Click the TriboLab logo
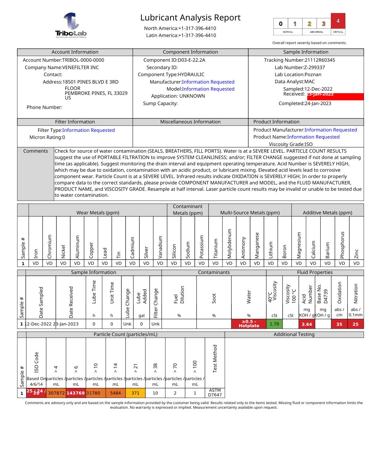click(x=71, y=25)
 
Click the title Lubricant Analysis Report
click(x=190, y=18)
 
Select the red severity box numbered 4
click(x=338, y=21)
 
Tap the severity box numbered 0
click(x=281, y=24)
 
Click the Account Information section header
click(x=75, y=52)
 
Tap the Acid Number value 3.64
click(x=307, y=324)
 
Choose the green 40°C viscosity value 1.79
click(x=274, y=324)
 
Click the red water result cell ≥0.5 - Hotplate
click(x=249, y=324)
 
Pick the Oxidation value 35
click(x=339, y=324)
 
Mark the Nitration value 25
click(x=355, y=324)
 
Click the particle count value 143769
click(x=75, y=393)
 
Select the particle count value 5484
click(x=115, y=393)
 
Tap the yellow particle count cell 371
click(x=135, y=393)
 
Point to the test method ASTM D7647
click(x=215, y=392)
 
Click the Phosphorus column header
click(x=342, y=245)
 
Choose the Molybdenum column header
click(x=229, y=243)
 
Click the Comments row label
click(x=36, y=151)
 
